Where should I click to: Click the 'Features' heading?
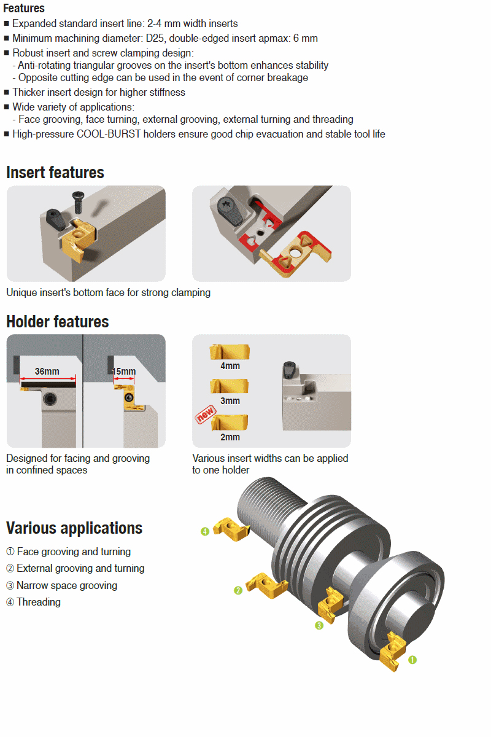click(x=24, y=8)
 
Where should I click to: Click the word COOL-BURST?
click(x=109, y=135)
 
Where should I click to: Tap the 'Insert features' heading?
click(x=55, y=173)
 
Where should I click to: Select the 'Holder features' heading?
click(x=58, y=322)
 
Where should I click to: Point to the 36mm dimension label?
click(x=47, y=372)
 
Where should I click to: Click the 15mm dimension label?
click(x=123, y=372)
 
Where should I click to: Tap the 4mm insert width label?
click(x=230, y=366)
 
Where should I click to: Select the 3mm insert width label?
click(x=230, y=401)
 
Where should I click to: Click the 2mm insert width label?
click(x=230, y=437)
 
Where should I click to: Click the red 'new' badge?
click(x=206, y=414)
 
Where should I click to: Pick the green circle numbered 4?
click(x=205, y=532)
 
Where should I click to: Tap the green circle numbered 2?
click(x=238, y=591)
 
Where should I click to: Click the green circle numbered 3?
click(x=319, y=625)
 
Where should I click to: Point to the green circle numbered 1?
click(x=412, y=660)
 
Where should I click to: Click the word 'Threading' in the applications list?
click(x=39, y=602)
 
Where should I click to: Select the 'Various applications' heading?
click(x=74, y=528)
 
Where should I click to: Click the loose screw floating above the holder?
click(x=79, y=202)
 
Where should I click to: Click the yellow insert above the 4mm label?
click(x=230, y=352)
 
